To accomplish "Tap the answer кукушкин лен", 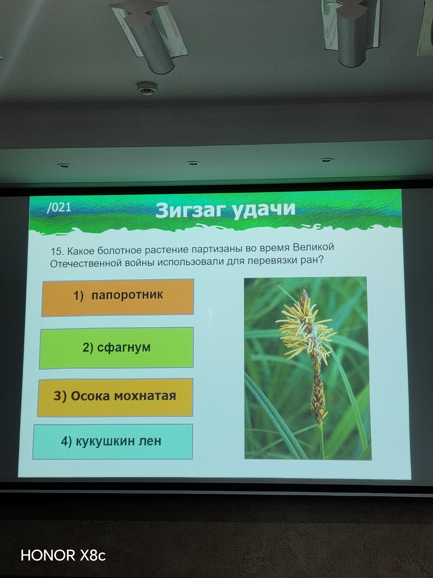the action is tap(112, 442).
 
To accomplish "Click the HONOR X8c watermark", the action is tap(63, 555).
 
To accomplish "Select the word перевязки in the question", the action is tap(273, 261).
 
